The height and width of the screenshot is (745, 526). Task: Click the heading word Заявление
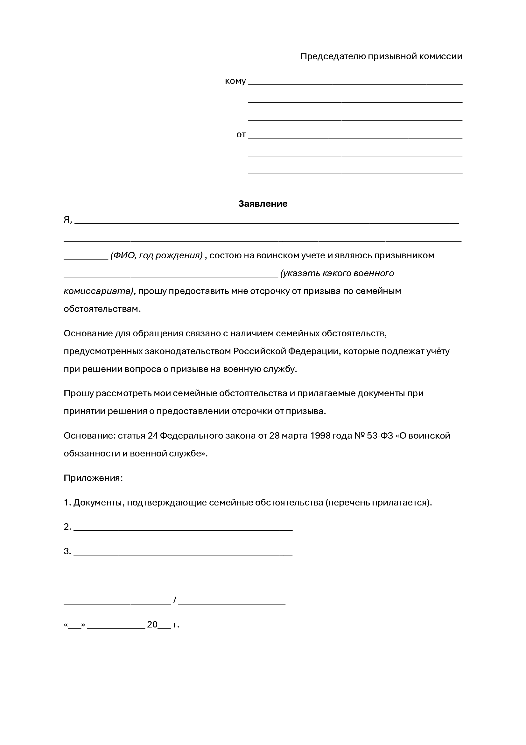point(263,204)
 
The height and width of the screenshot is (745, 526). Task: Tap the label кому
point(235,81)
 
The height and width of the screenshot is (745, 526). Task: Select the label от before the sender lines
point(241,135)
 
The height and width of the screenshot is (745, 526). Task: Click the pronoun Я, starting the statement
point(67,220)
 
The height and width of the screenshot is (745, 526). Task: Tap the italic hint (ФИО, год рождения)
point(156,255)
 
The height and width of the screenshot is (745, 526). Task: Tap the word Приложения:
point(93,478)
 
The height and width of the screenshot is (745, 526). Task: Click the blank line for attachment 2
point(183,530)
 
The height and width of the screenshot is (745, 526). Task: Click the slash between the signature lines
point(175,600)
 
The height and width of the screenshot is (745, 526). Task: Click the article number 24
point(152,435)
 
